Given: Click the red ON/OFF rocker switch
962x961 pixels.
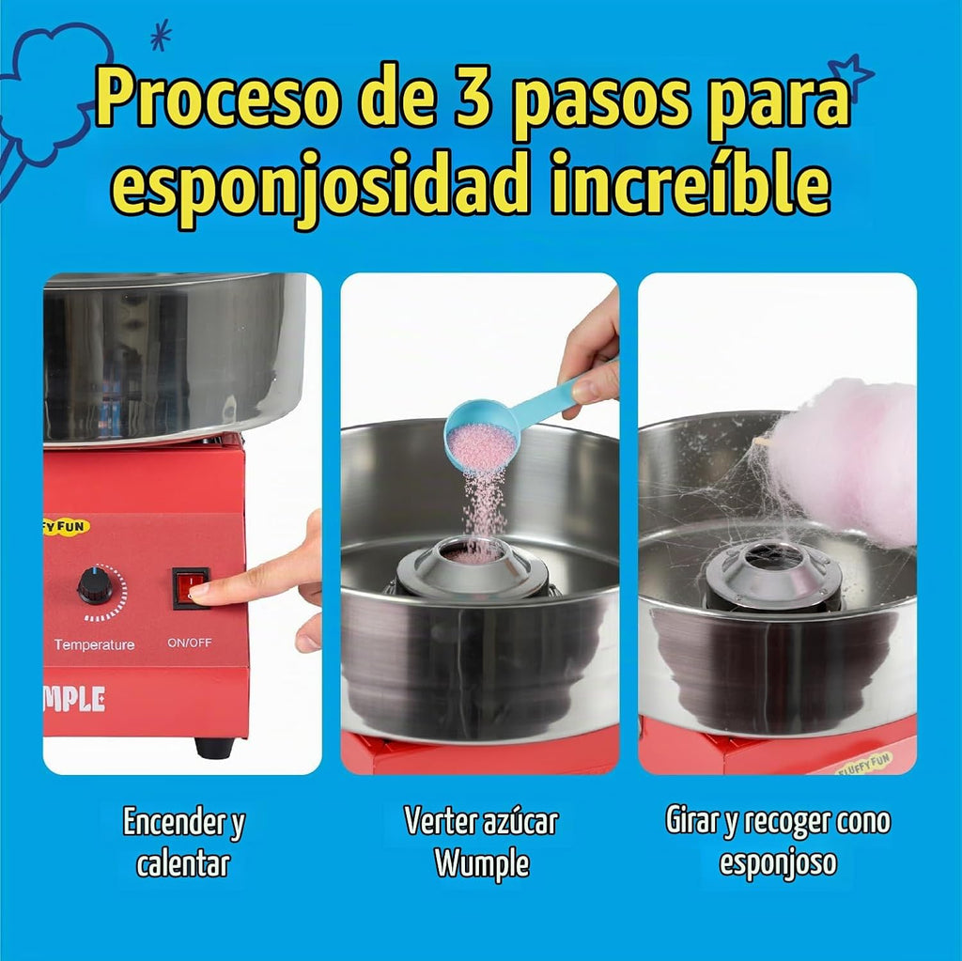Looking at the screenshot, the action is point(191,588).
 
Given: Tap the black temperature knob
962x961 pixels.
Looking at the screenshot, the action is point(96,585).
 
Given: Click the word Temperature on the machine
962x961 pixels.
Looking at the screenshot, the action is point(94,644).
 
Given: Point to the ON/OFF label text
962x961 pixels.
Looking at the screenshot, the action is point(190,643).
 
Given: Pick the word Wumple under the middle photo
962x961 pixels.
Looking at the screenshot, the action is point(482,862).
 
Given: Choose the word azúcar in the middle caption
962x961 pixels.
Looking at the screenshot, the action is point(520,820).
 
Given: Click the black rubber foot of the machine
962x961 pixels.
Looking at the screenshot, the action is point(215,746).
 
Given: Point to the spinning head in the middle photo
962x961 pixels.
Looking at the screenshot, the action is point(473,568).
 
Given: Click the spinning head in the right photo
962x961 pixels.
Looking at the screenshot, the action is point(774,574).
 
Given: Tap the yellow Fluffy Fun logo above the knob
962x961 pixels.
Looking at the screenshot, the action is point(67,526).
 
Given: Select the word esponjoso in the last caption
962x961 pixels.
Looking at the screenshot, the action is point(777,863).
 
